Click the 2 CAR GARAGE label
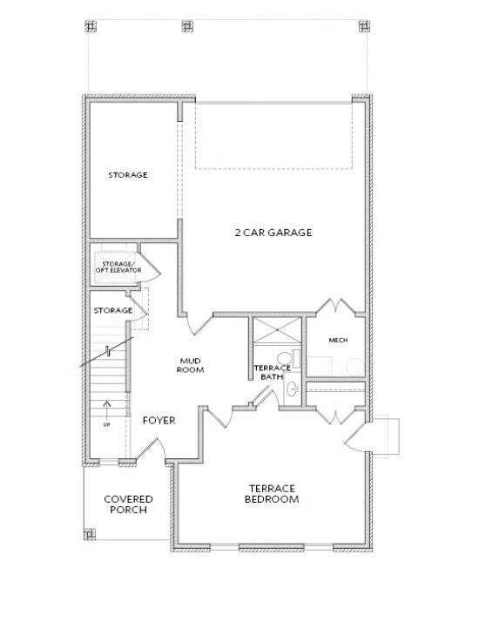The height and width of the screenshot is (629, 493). point(274,233)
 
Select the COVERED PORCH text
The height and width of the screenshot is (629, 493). point(129,504)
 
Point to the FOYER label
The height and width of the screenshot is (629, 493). point(159,421)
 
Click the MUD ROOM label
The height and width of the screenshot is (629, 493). point(192,364)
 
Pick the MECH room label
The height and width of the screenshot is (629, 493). point(339,340)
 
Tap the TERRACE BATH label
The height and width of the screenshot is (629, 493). point(266,373)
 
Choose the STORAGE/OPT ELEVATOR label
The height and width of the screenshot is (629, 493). point(118,267)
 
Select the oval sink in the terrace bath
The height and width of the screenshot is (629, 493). point(293,389)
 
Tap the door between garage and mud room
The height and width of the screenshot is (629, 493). point(199,324)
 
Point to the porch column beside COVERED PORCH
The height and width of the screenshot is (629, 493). point(89,533)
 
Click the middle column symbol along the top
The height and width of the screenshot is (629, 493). point(186,25)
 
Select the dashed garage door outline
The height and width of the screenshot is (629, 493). point(274,134)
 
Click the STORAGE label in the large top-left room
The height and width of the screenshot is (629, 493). point(127,175)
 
